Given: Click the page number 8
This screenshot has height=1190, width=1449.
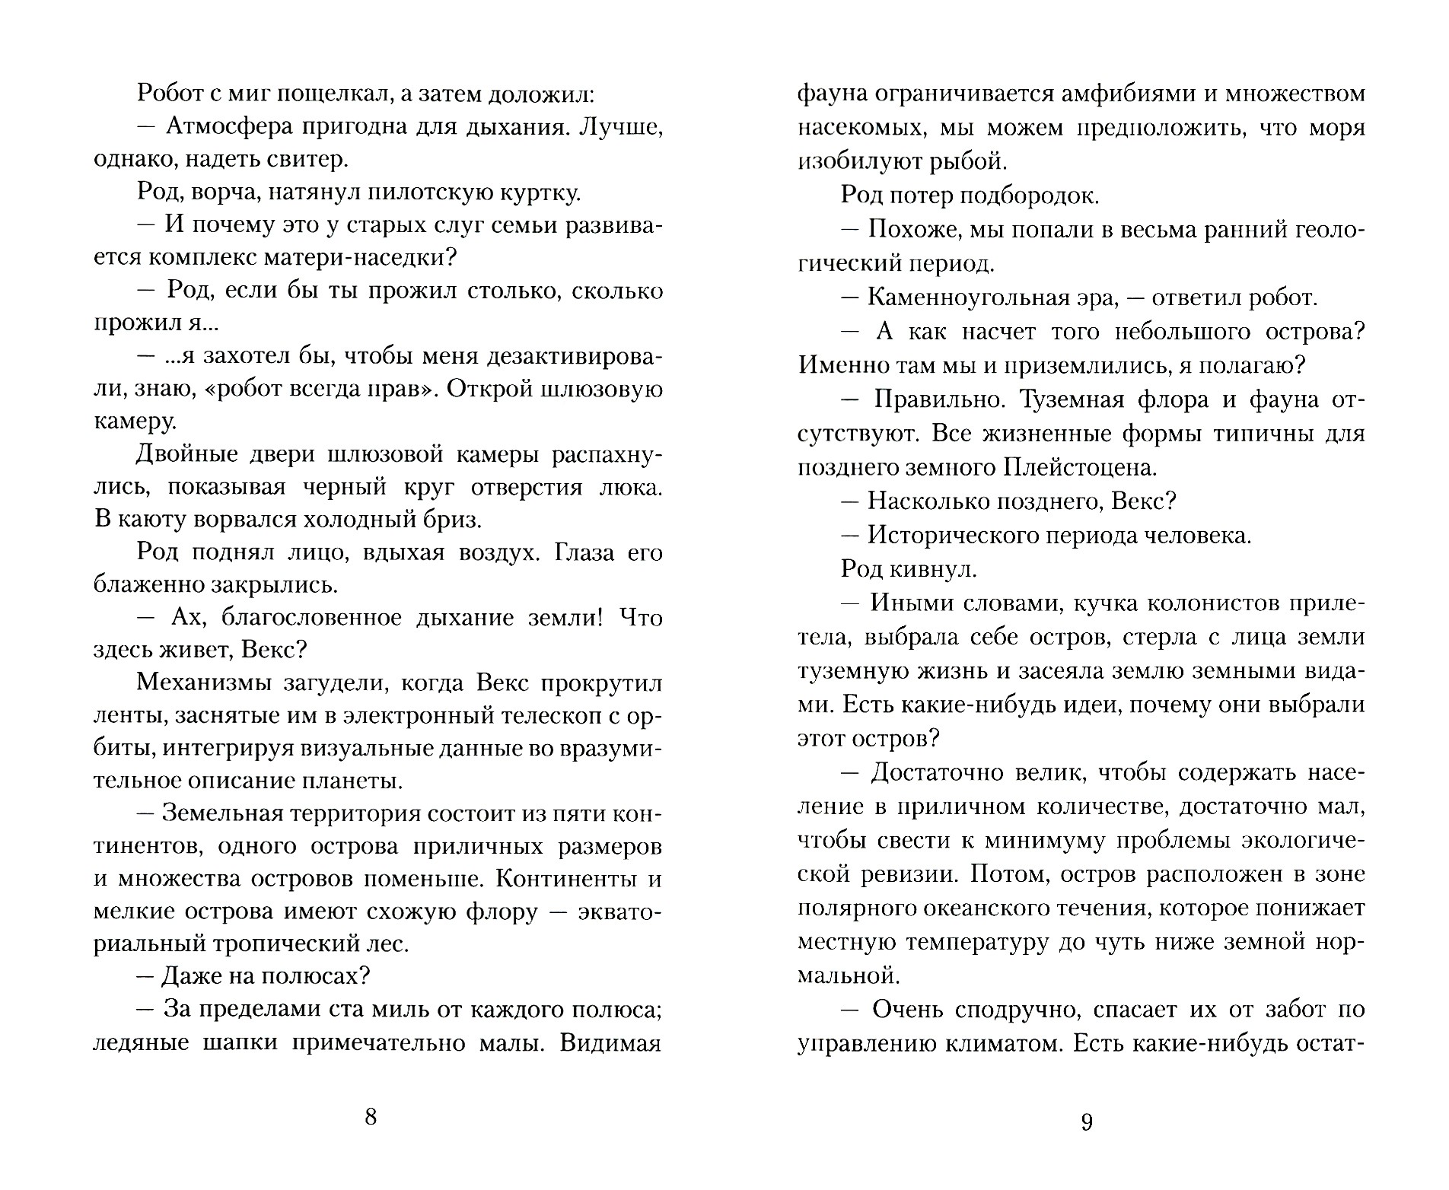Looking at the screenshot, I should [x=371, y=1117].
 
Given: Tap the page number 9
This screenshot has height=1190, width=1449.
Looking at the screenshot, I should [x=1087, y=1122].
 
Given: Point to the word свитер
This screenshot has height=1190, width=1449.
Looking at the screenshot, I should [x=305, y=160].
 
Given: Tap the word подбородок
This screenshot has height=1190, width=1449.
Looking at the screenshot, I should [x=1029, y=196].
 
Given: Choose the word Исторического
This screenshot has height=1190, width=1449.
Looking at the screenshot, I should [x=958, y=535].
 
